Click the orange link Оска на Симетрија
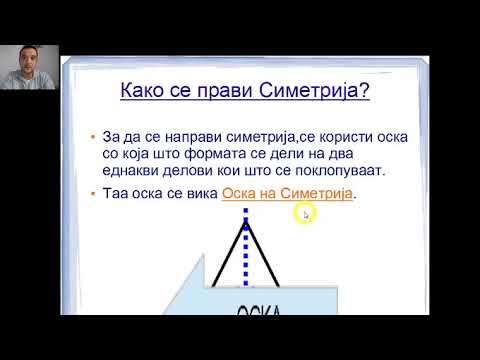pos(288,194)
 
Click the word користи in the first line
pos(331,135)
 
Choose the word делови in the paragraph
pos(190,171)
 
